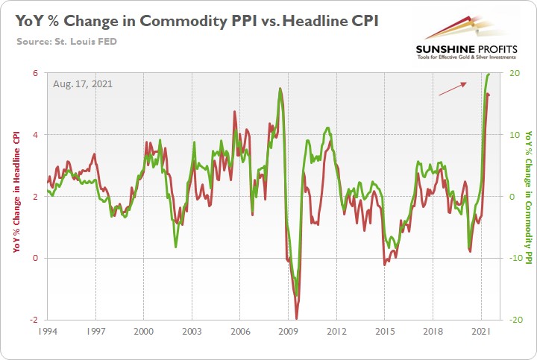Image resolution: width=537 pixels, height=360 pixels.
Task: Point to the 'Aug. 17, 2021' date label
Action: tap(83, 83)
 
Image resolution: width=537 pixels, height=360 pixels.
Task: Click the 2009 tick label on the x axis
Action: tap(289, 329)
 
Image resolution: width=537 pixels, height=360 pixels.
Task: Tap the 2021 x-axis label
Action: tap(482, 329)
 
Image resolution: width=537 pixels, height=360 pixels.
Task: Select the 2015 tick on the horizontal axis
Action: tap(385, 329)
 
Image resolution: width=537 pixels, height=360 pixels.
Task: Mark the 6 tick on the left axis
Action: tap(34, 73)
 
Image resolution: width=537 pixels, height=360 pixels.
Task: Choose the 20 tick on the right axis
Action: tap(515, 73)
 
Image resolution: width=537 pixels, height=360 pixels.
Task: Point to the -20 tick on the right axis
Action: tap(516, 320)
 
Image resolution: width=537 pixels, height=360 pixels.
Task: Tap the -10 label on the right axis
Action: tap(516, 258)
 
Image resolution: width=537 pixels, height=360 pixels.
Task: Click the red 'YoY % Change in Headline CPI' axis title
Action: tap(16, 196)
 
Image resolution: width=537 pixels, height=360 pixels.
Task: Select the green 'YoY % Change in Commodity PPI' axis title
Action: tap(529, 196)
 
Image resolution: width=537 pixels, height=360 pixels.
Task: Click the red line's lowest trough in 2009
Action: tap(297, 317)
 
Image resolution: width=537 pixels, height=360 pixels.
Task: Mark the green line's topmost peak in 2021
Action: tap(489, 74)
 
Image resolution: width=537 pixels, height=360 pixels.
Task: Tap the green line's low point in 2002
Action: tap(176, 247)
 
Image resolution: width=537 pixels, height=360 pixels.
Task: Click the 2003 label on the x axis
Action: tap(192, 329)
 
